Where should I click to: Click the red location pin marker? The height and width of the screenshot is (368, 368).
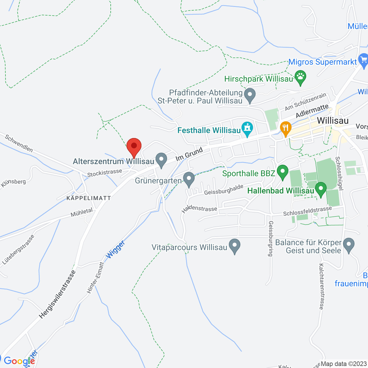(134, 147)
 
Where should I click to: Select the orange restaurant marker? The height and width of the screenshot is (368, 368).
(285, 128)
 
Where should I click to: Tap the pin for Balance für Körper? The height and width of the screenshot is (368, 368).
(349, 245)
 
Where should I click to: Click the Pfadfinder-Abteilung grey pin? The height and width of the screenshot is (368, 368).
(250, 95)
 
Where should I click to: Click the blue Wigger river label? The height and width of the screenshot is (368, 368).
(116, 249)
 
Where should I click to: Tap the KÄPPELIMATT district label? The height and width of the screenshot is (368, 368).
(89, 198)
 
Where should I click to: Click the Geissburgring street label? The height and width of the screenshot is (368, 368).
(271, 239)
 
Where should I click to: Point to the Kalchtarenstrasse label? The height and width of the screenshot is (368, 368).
(321, 286)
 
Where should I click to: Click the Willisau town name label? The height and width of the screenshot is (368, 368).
(333, 120)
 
